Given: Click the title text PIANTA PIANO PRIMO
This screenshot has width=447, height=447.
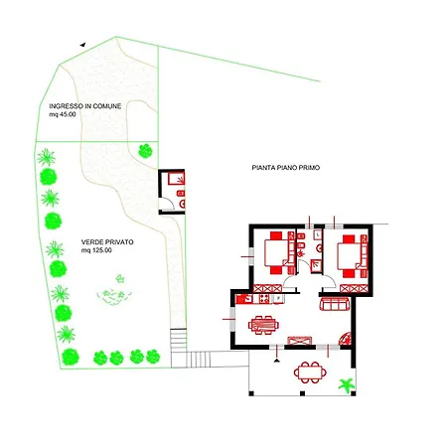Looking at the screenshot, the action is point(286,168).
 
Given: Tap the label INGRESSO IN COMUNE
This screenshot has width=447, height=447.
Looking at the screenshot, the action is point(85,106).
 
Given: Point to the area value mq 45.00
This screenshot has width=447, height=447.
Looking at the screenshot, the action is point(63,114).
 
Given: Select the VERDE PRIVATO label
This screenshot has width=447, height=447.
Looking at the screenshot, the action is point(107,242).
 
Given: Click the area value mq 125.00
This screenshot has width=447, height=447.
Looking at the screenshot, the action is point(96,250).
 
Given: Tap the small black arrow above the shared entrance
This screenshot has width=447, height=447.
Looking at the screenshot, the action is point(82,45).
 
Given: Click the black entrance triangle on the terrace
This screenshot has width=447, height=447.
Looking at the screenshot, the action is point(277,360).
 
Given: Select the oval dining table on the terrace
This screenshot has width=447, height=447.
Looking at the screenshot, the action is point(310,372).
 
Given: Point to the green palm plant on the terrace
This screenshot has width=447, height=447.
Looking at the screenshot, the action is point(347,385).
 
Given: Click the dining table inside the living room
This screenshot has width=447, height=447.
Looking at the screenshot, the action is point(263,325).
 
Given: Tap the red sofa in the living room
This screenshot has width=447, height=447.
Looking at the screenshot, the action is point(335,304).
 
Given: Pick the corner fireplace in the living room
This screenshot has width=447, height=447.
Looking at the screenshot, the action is point(345,339).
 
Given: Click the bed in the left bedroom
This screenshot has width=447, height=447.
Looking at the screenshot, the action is point(276,253).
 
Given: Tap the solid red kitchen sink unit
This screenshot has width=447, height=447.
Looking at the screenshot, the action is point(244,299).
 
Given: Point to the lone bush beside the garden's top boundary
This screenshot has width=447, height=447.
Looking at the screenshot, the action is point(145,151).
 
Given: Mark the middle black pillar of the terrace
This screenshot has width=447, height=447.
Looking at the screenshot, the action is point(302,393).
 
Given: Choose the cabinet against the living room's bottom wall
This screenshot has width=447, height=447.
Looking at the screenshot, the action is point(300,341).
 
